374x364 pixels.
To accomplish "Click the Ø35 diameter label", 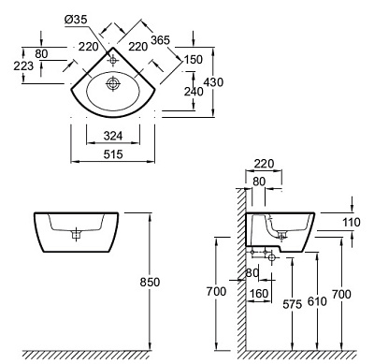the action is coord(76,20).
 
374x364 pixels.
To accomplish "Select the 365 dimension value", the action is coord(161,40).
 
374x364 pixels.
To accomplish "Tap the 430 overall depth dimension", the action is coord(213,82).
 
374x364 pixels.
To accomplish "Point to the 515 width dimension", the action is coord(113,154).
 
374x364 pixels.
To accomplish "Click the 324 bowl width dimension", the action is coord(113,136).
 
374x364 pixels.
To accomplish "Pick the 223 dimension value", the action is coord(23,66).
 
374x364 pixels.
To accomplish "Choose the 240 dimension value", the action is coord(194,92).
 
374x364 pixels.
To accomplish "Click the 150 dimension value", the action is coord(194,59).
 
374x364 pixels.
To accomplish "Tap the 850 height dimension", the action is coord(150,282).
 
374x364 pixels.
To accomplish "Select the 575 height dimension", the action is coord(293,304).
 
